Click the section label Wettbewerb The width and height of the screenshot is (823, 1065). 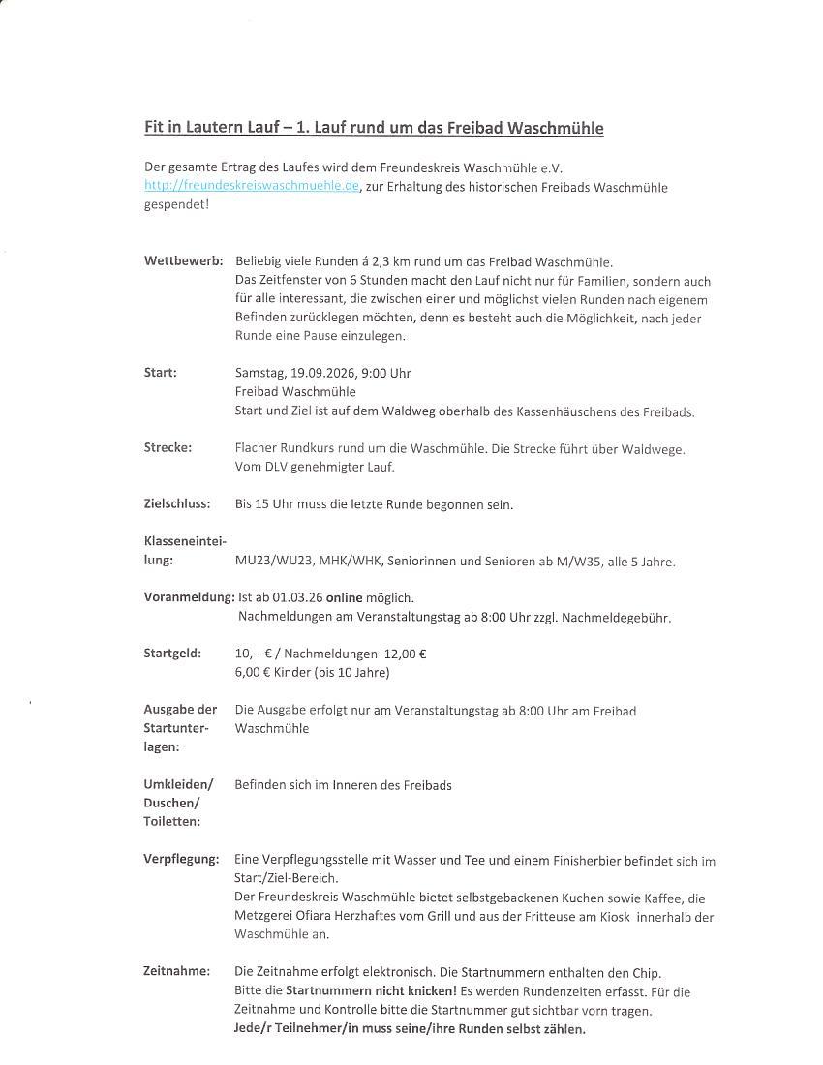pos(183,261)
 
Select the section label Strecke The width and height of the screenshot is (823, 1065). pos(168,447)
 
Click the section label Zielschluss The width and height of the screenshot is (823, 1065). pos(177,503)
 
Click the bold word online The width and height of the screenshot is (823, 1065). pos(344,597)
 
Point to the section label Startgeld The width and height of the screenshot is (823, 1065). pos(172,654)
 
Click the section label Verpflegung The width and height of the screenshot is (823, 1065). pos(181,859)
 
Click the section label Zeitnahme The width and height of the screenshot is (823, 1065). pos(176,971)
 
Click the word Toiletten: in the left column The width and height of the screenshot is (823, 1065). pos(172,821)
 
